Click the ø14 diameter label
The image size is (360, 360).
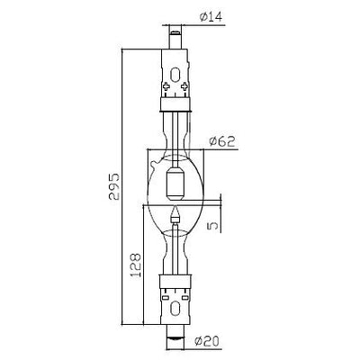pyautogui.click(x=211, y=17)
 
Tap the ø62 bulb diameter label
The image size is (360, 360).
pyautogui.click(x=222, y=141)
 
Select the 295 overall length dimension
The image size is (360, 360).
pyautogui.click(x=114, y=186)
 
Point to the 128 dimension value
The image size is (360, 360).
pyautogui.click(x=136, y=265)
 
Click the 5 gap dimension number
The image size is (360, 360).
pyautogui.click(x=212, y=225)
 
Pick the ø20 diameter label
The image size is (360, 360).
pyautogui.click(x=207, y=341)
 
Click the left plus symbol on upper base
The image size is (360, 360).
pyautogui.click(x=166, y=86)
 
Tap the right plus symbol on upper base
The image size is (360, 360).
pyautogui.click(x=184, y=86)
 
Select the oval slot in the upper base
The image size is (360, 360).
pyautogui.click(x=175, y=75)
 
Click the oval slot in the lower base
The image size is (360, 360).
pyautogui.click(x=175, y=310)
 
